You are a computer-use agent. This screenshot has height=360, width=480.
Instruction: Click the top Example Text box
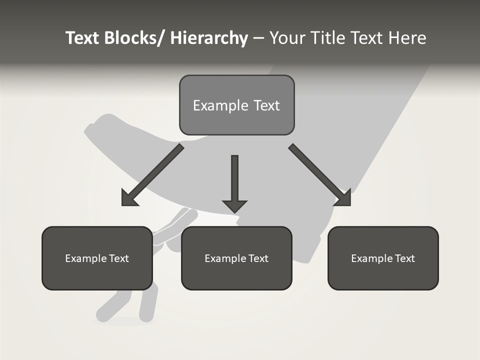236,105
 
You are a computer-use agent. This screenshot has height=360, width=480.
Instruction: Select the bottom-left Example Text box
97,258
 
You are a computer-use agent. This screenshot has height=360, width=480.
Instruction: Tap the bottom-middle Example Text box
236,258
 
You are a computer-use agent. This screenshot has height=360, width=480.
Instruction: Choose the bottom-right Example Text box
383,258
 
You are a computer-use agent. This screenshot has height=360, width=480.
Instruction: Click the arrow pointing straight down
234,180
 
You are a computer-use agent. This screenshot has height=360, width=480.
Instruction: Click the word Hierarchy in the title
208,38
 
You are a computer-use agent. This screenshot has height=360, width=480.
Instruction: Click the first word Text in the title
83,38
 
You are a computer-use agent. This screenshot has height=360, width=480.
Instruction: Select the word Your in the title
286,38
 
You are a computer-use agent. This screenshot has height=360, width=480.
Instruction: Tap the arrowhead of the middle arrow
234,205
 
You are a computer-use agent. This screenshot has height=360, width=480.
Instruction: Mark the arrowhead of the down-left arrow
129,198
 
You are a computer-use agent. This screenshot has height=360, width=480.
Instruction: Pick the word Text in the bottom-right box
404,258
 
